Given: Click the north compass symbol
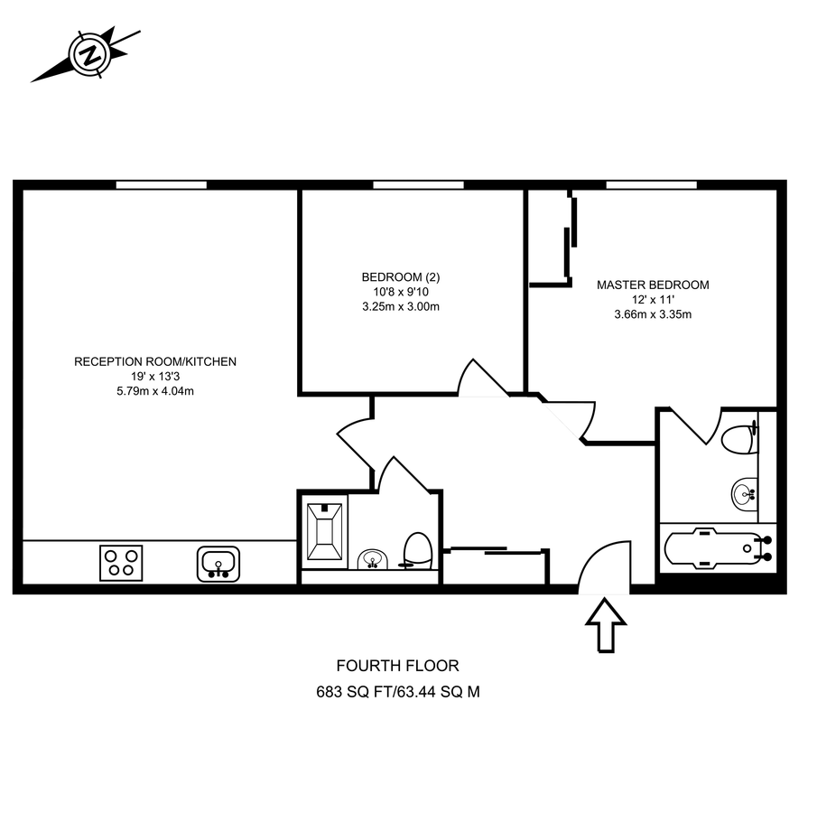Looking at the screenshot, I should pos(88,54).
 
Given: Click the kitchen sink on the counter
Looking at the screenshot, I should pos(218,563).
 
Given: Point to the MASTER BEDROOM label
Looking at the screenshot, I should pos(653,285).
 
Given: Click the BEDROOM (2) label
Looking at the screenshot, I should pos(400,276).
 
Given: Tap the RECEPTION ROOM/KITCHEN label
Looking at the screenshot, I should pos(155,361).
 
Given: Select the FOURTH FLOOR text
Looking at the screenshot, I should pos(397,666).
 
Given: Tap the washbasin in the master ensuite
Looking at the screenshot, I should pos(744,493).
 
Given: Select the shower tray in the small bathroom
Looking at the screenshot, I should pos(324,531).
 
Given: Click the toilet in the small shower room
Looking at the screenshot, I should pos(417,549).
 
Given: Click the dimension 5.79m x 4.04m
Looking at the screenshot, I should pos(155,391).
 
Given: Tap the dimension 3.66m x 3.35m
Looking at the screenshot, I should pos(653,314).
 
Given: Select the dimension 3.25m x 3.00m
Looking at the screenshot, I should pos(400,306).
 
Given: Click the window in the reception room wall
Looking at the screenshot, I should pos(162,185).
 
